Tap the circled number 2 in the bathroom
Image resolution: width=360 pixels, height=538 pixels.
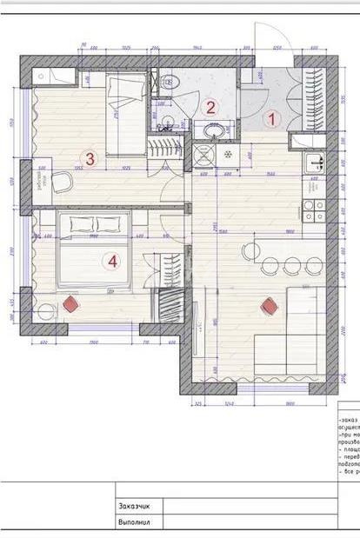coord(210,108)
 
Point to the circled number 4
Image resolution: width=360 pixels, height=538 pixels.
coord(110,259)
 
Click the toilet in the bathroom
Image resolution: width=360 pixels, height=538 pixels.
coord(169,83)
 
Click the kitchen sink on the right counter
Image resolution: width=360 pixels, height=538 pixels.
coord(317,163)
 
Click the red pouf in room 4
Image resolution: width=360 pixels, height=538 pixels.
coord(70,304)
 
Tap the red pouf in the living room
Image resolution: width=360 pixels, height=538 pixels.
coord(270,306)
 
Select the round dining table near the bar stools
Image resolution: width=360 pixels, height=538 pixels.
coord(250,252)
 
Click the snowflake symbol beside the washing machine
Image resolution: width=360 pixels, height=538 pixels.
coord(229,156)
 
